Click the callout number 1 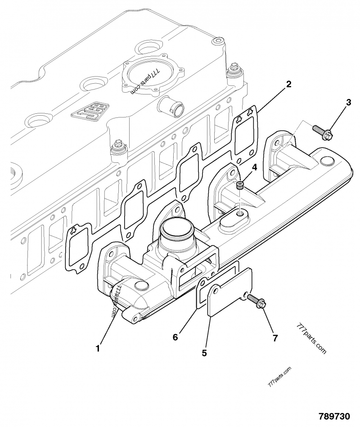click(98, 348)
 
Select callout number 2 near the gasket click(288, 84)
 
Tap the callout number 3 click(348, 103)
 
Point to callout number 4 click(254, 167)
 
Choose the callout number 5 click(204, 353)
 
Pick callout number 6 click(175, 337)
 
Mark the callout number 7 click(275, 338)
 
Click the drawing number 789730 click(334, 416)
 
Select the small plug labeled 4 click(240, 185)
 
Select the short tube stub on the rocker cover click(171, 107)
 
